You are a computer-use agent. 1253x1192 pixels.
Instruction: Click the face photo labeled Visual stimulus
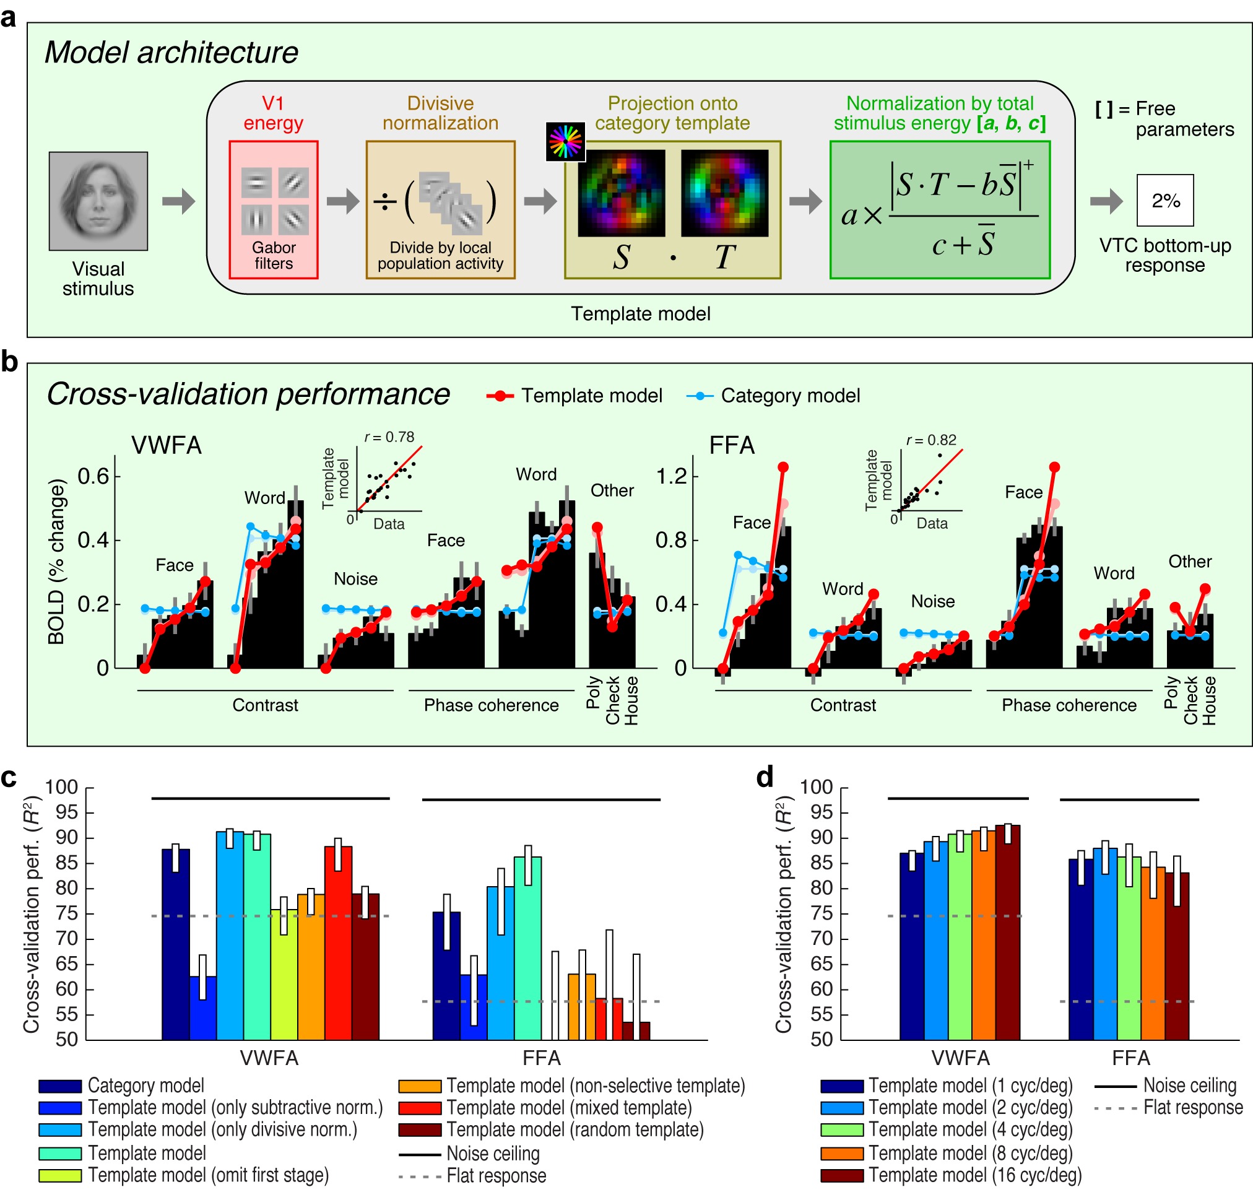pyautogui.click(x=98, y=201)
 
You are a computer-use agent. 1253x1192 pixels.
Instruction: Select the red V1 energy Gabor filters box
pyautogui.click(x=273, y=210)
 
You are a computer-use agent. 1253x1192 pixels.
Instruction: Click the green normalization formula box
pyautogui.click(x=939, y=210)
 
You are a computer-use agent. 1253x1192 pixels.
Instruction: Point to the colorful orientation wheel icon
pyautogui.click(x=565, y=141)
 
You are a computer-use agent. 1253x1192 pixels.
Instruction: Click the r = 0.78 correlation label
pyautogui.click(x=389, y=437)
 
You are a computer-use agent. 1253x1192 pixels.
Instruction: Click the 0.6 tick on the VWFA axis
pyautogui.click(x=93, y=476)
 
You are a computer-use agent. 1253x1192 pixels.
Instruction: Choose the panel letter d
pyautogui.click(x=765, y=778)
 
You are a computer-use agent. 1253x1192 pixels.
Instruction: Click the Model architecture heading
pyautogui.click(x=171, y=53)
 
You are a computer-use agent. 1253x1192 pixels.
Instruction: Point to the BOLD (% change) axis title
pyautogui.click(x=57, y=562)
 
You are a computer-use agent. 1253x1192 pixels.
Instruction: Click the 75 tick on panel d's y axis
pyautogui.click(x=821, y=914)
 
